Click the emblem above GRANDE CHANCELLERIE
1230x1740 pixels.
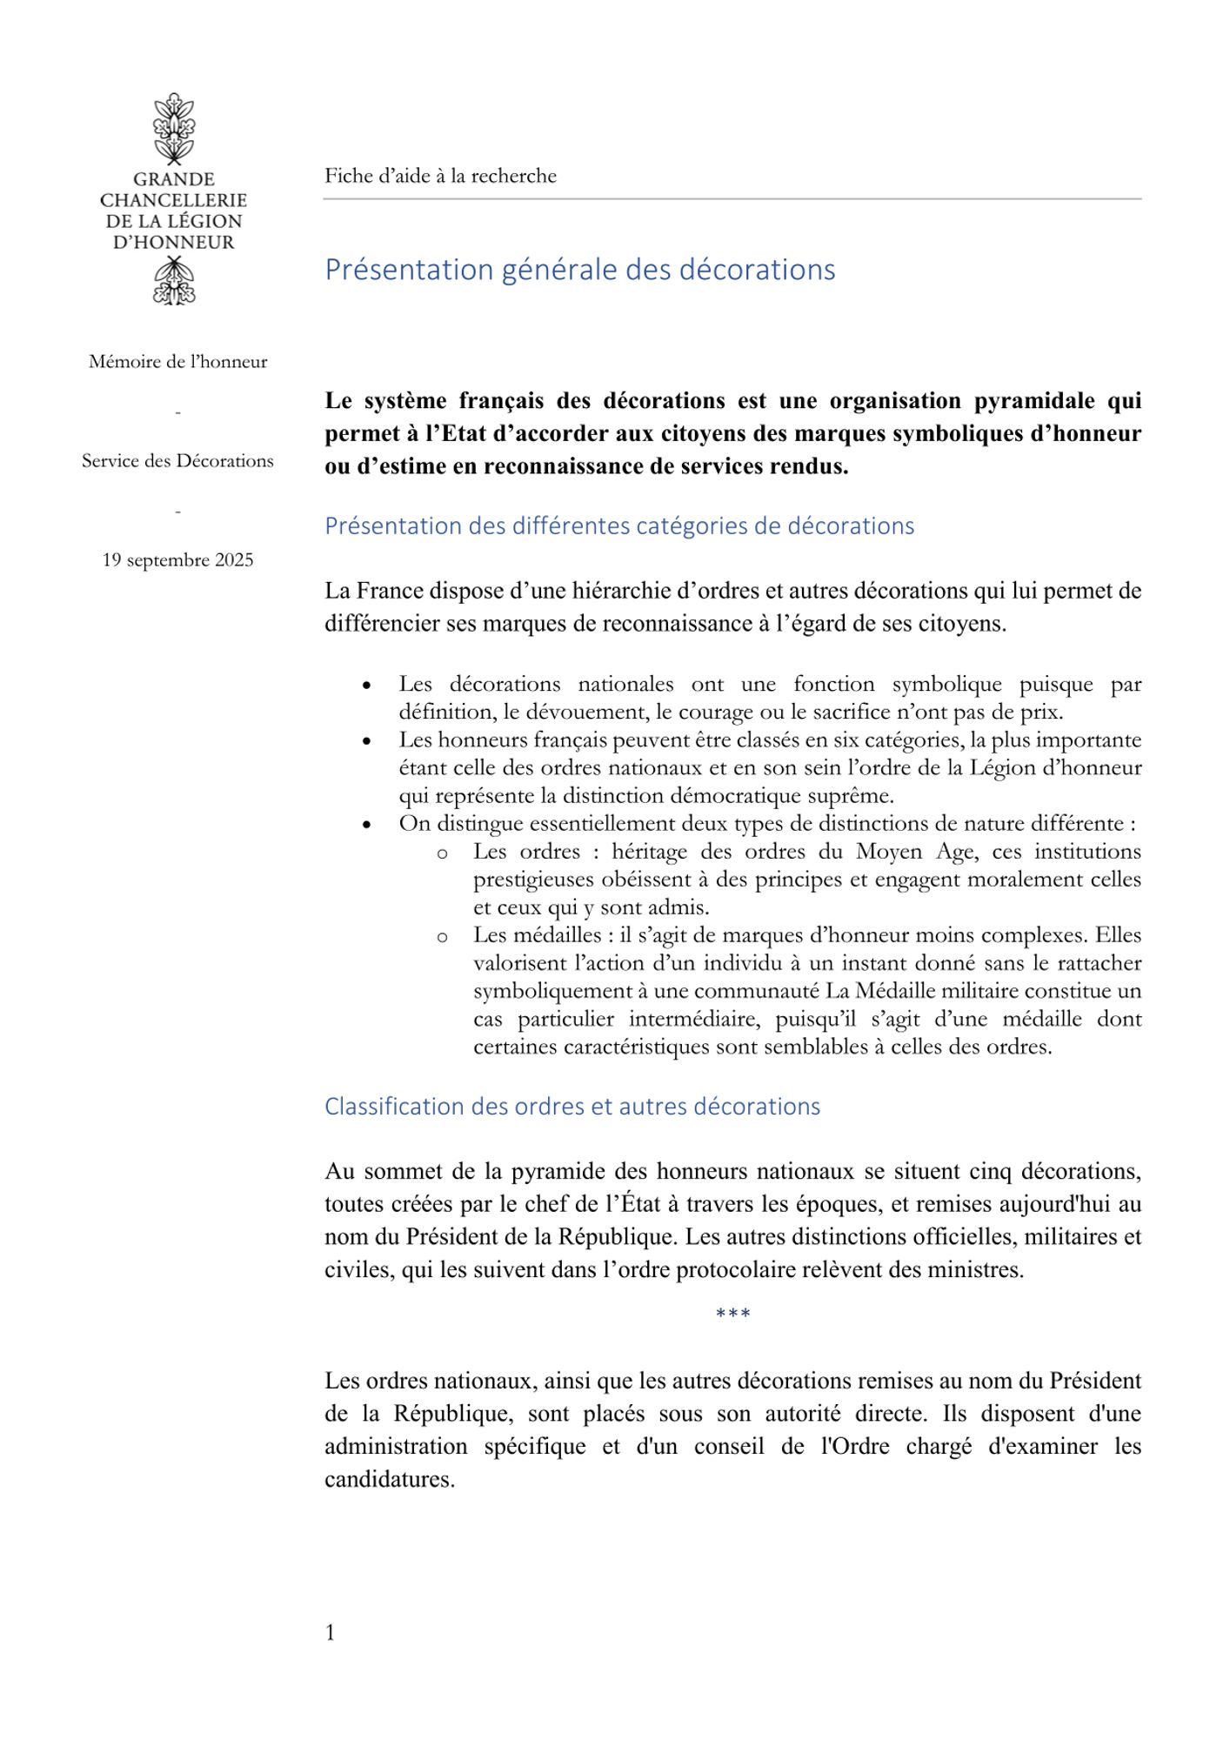click(x=174, y=128)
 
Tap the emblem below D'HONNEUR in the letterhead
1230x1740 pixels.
click(x=174, y=283)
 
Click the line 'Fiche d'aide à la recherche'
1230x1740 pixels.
click(x=440, y=176)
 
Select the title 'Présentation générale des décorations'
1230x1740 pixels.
click(x=579, y=270)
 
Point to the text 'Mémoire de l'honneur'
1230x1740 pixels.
click(x=177, y=362)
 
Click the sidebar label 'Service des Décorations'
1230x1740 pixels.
click(x=177, y=461)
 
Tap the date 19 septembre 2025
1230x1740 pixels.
click(x=177, y=560)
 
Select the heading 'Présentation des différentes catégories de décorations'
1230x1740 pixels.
click(x=619, y=526)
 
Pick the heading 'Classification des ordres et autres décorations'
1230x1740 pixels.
click(x=572, y=1107)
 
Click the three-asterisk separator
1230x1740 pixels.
click(x=732, y=1314)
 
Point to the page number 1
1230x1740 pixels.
click(x=331, y=1633)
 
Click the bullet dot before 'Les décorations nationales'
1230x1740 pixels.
click(x=367, y=686)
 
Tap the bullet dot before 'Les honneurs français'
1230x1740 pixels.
click(x=367, y=742)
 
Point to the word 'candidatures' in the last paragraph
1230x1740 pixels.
click(x=389, y=1480)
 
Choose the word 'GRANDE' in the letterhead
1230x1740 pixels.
click(x=174, y=179)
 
